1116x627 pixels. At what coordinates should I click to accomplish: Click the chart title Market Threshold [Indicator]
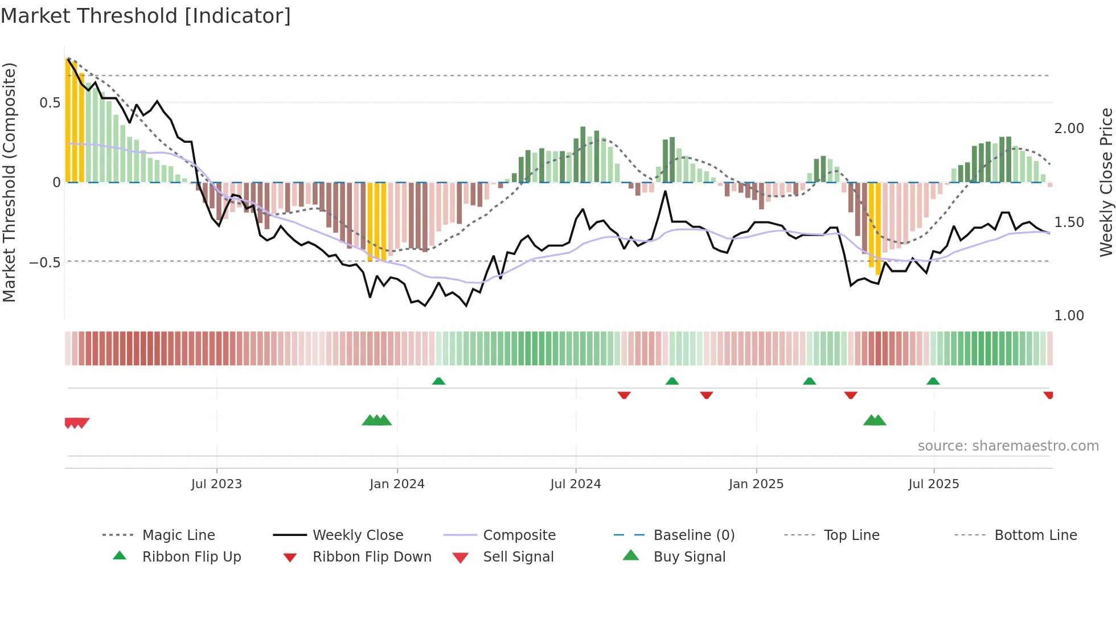click(146, 16)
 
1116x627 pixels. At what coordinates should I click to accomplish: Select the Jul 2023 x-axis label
click(216, 484)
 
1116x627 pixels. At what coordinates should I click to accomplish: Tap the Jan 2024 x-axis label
click(397, 484)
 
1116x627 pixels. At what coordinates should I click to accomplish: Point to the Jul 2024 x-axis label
click(576, 484)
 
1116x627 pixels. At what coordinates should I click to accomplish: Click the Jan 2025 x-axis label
click(756, 484)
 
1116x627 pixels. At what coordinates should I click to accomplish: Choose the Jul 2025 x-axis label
click(934, 484)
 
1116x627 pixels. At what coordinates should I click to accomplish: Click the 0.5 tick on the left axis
click(50, 103)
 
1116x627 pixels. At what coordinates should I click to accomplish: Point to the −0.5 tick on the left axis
click(45, 262)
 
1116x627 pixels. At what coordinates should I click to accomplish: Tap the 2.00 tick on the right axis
click(1069, 129)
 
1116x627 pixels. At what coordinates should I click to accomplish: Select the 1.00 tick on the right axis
click(1069, 316)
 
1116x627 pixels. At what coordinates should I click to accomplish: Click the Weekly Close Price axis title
click(1106, 182)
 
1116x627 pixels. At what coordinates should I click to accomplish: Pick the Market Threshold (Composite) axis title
click(9, 182)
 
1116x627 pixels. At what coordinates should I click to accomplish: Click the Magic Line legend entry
click(178, 535)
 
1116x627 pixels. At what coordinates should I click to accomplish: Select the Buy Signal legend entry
click(689, 557)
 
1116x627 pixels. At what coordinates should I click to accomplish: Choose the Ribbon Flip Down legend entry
click(372, 557)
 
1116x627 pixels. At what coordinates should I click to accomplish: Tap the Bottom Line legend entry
click(1035, 535)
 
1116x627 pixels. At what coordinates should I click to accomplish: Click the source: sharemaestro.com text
click(1008, 446)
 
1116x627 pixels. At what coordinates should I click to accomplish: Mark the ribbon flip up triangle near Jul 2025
click(933, 381)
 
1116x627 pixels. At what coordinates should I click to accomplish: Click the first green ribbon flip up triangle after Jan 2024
click(438, 381)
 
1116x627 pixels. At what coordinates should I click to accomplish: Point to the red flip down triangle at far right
click(1048, 395)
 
